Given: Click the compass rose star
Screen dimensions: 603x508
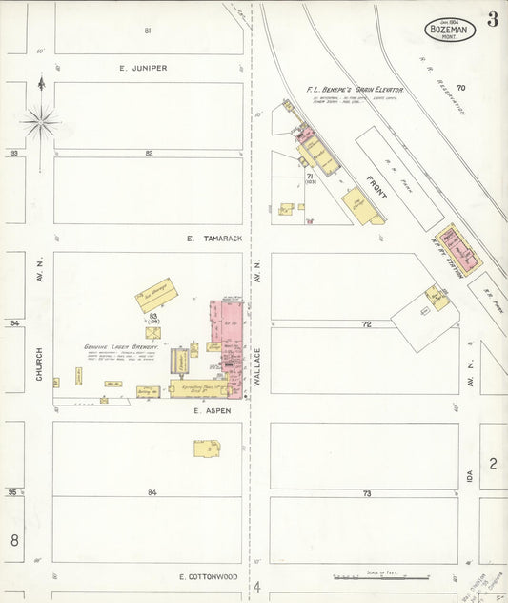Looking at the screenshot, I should click(40, 121).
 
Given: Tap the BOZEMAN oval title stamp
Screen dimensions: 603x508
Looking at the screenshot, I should click(450, 30).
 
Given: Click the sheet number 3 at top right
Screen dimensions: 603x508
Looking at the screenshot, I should click(492, 20).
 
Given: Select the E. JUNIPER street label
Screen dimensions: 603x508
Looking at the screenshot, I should click(143, 68).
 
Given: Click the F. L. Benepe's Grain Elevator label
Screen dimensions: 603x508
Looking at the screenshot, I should click(355, 90).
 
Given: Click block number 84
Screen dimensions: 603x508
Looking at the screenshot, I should click(152, 492).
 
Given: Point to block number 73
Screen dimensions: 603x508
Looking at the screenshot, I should click(366, 492).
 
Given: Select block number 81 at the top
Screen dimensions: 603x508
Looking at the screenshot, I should click(148, 31).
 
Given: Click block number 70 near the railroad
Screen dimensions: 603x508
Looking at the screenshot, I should click(460, 88).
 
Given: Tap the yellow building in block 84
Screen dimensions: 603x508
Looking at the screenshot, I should click(207, 447).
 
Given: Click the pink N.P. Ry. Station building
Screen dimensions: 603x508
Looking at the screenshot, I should click(458, 247).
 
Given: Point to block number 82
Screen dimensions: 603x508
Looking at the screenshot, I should click(149, 153).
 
